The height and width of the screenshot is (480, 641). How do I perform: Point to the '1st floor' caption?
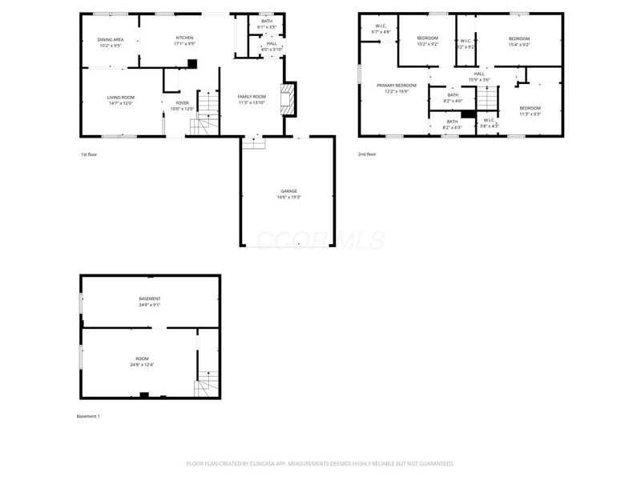click(89, 154)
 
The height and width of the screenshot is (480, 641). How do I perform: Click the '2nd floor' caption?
click(367, 154)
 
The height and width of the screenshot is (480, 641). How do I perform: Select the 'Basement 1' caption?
click(87, 417)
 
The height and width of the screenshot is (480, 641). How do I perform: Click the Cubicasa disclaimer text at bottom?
click(320, 463)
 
